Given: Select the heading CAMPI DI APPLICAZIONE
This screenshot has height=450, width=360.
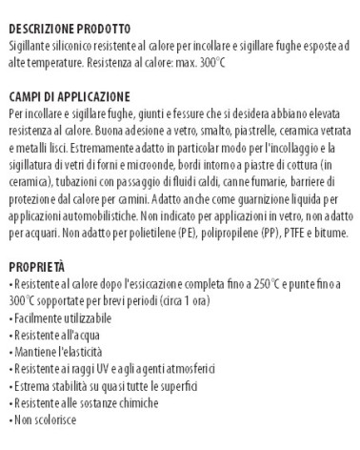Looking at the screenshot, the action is (67, 96).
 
